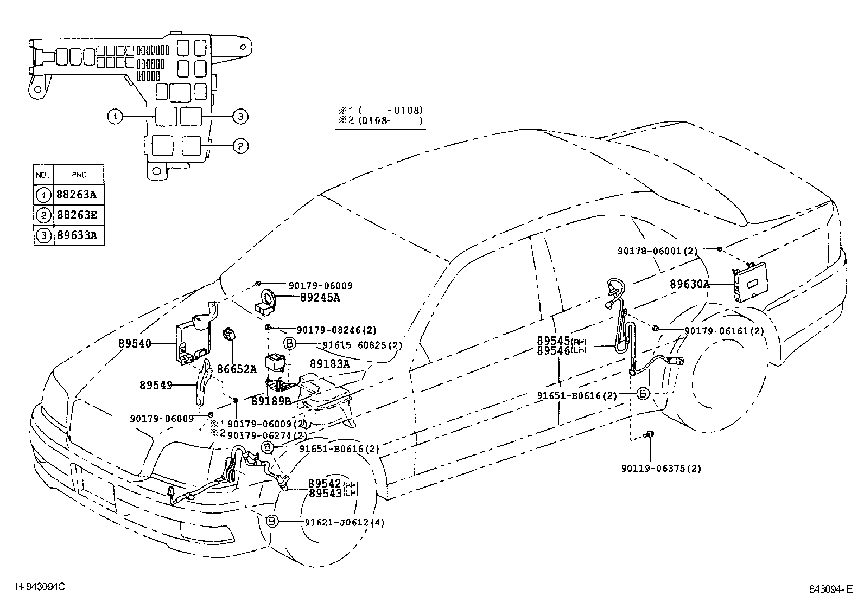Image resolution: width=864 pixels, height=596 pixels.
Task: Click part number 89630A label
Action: pos(689,284)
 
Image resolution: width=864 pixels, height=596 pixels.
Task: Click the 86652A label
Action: pos(237,369)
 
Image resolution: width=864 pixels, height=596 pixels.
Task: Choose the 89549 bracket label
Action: pos(156,386)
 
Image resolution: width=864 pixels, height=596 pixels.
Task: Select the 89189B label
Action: pos(271,401)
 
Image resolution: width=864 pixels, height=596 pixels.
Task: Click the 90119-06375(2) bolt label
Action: pos(660,469)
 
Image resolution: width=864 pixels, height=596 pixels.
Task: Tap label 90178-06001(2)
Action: pos(657,251)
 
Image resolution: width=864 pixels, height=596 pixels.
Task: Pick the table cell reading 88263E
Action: pos(77,215)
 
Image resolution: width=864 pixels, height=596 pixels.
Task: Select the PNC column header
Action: pos(78,175)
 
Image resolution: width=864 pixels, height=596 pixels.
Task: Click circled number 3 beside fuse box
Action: pos(240,116)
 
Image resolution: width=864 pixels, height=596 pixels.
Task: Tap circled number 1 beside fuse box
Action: pos(115,117)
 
